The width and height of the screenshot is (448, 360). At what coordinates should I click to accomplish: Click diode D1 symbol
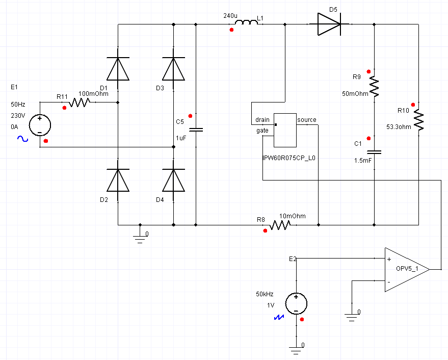pyautogui.click(x=118, y=69)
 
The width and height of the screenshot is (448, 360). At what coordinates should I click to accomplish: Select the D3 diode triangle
pyautogui.click(x=173, y=69)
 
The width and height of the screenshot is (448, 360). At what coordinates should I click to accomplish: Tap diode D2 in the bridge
pyautogui.click(x=118, y=180)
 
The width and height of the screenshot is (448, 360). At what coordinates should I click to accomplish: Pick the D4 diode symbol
pyautogui.click(x=173, y=180)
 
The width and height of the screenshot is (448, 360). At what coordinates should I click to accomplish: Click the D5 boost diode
pyautogui.click(x=329, y=24)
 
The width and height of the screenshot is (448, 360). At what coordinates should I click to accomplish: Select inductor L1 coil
pyautogui.click(x=246, y=22)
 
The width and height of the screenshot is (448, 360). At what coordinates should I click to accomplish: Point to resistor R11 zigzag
pyautogui.click(x=80, y=102)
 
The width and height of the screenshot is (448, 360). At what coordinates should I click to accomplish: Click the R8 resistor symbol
pyautogui.click(x=280, y=225)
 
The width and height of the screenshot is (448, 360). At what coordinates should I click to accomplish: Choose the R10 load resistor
pyautogui.click(x=418, y=120)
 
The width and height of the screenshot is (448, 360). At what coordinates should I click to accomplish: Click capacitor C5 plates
pyautogui.click(x=196, y=130)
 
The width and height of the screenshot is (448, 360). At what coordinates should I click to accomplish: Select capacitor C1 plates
pyautogui.click(x=374, y=152)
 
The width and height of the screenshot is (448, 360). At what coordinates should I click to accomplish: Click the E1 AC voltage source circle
pyautogui.click(x=40, y=125)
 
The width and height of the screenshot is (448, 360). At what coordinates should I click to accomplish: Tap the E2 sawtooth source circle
pyautogui.click(x=296, y=304)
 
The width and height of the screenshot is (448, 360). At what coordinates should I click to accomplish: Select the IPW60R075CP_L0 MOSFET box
pyautogui.click(x=285, y=131)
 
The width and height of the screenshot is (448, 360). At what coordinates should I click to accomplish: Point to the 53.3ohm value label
pyautogui.click(x=399, y=126)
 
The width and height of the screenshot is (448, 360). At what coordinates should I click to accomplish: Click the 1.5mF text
pyautogui.click(x=363, y=161)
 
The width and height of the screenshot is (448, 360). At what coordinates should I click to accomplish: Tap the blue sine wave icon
pyautogui.click(x=22, y=139)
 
